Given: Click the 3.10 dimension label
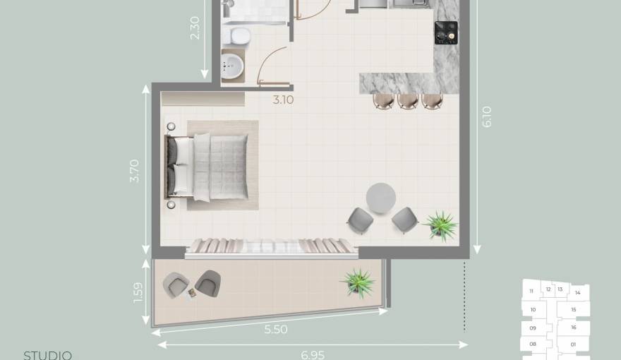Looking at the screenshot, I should pos(283,100).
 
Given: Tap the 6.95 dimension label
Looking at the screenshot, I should pos(313,354).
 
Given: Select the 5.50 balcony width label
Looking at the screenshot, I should pos(275,329).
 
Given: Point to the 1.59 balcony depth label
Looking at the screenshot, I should pos(138,293).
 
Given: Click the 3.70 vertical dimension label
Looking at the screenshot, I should pos(135,171).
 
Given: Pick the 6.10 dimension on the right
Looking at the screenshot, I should pos(486,116).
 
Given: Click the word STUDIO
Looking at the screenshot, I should pos(48,355).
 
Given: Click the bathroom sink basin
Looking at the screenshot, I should pos(232,68).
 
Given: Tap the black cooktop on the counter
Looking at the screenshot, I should pos(445,32).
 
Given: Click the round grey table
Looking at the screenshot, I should pos(381,198).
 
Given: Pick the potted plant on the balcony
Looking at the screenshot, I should pos(358,282).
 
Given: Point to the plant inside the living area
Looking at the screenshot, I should pos(441,224).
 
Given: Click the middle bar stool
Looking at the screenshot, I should pos(408,101).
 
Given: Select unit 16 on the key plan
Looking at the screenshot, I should pos(574,328).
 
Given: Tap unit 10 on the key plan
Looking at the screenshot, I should pos(533,309).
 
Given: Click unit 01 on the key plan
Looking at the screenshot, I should pos(574,344).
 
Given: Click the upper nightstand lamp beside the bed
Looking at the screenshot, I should pos(171,126).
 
